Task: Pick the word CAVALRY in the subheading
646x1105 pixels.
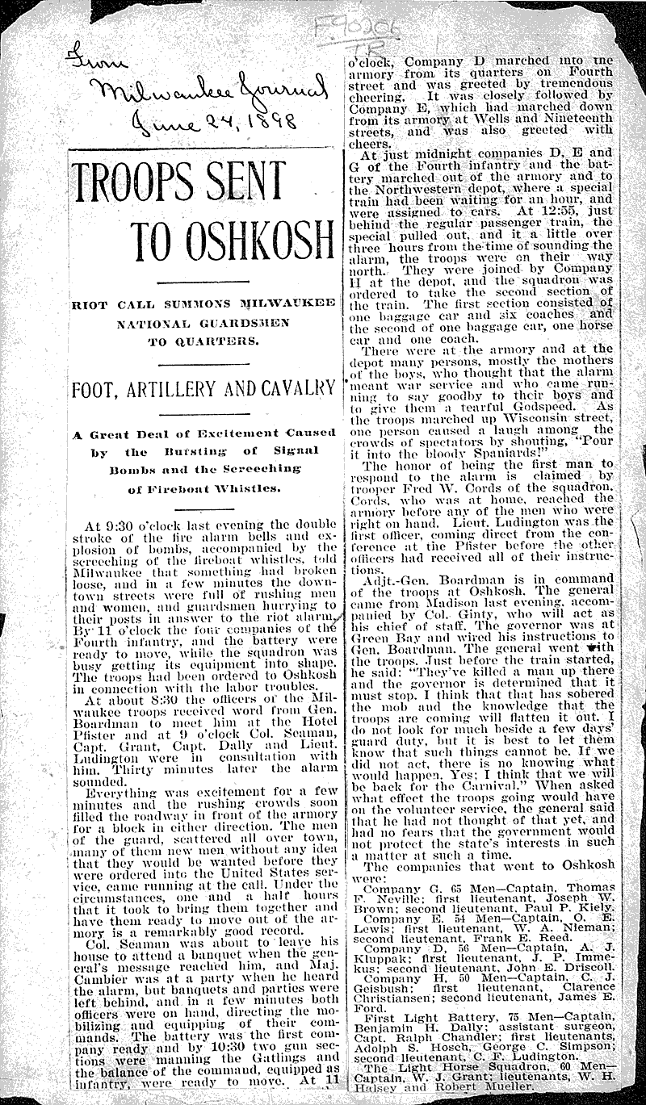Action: (299, 387)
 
